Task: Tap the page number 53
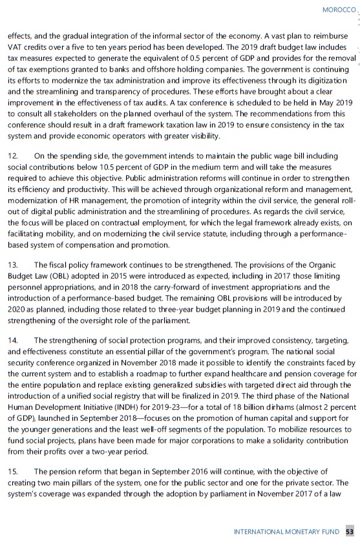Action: pos(350,531)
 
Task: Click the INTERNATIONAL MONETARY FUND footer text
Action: pos(286,531)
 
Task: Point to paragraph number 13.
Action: pos(12,246)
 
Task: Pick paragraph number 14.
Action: pos(12,339)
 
